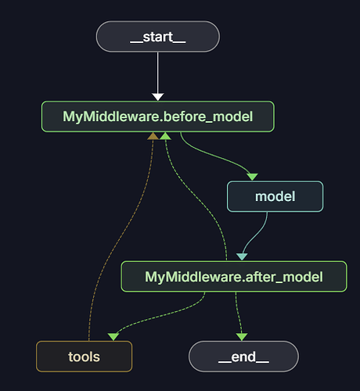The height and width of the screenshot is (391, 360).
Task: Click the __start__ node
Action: click(158, 37)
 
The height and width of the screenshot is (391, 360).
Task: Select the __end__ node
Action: click(243, 357)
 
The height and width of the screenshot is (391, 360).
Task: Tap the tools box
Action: click(84, 357)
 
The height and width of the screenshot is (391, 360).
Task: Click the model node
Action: click(275, 196)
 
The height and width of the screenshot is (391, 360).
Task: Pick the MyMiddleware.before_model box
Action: click(158, 117)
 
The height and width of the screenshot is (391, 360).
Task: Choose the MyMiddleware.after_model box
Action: click(234, 276)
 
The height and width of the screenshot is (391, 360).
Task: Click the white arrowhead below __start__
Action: click(158, 97)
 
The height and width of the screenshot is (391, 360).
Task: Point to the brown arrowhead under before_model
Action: click(153, 136)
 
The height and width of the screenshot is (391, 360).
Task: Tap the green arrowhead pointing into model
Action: click(252, 177)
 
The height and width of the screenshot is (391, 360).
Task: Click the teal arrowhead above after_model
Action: click(242, 256)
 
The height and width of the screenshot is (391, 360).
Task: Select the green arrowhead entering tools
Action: click(113, 337)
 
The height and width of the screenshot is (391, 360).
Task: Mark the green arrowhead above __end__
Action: click(242, 337)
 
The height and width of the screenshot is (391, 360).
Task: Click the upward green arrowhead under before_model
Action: click(165, 136)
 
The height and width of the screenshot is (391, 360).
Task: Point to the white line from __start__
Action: click(157, 73)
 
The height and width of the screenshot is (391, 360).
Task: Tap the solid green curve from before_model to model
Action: click(214, 156)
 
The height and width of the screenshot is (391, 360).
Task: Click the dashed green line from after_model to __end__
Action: click(239, 313)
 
